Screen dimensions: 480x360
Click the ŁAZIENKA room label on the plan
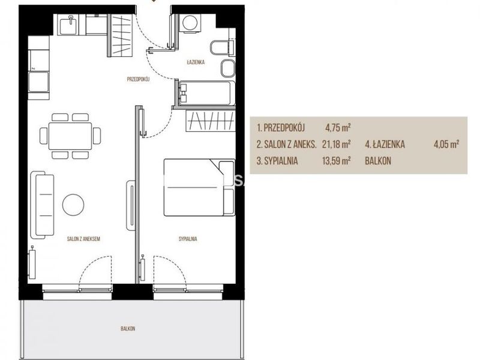[x=196, y=62]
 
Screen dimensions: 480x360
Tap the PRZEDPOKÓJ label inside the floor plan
[x=138, y=79]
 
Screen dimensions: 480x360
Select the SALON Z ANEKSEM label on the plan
[x=83, y=239]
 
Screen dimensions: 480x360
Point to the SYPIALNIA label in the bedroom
[x=188, y=239]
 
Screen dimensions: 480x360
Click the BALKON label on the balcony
[x=128, y=328]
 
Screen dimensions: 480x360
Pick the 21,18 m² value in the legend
[x=336, y=144]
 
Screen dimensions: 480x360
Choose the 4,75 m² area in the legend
[x=338, y=127]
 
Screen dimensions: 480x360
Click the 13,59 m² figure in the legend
[x=336, y=161]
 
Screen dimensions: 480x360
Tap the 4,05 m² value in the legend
[x=446, y=144]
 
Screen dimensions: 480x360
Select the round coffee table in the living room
[x=73, y=205]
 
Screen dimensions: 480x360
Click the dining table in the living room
[x=70, y=136]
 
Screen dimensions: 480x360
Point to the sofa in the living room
[x=42, y=205]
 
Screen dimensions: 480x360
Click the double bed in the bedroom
[x=199, y=187]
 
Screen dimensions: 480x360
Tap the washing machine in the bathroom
[x=190, y=23]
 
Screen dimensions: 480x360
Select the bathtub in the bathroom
[x=205, y=93]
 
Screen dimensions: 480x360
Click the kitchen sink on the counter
[x=69, y=25]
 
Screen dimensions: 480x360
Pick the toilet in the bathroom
[x=222, y=47]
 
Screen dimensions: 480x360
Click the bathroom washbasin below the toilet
[x=228, y=68]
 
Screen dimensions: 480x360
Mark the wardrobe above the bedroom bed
[x=211, y=121]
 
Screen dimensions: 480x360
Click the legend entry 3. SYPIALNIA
[x=277, y=161]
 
